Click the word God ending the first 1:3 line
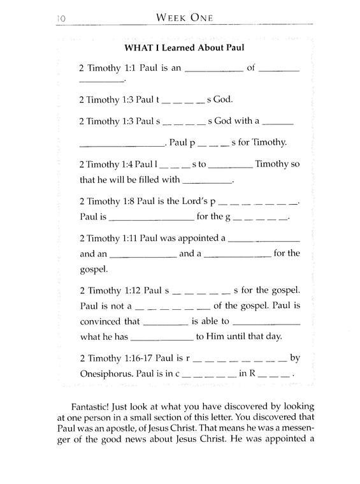tap(226, 99)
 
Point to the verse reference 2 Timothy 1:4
tap(106, 165)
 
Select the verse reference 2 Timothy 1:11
tap(108, 238)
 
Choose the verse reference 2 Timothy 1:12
tap(108, 290)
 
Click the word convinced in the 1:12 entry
tap(101, 322)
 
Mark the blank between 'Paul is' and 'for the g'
tap(152, 217)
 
